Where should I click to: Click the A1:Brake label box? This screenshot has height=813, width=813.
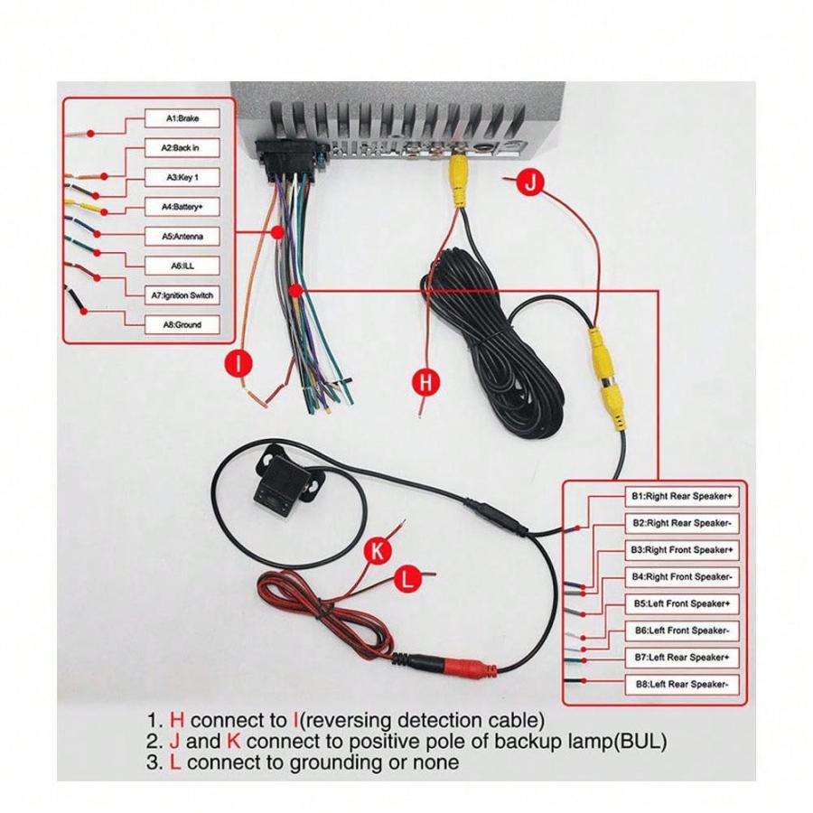(182, 118)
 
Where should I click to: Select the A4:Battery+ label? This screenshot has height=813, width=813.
(182, 207)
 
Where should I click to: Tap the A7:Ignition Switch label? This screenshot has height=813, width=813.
(182, 295)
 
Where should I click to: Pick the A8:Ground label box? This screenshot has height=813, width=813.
(182, 325)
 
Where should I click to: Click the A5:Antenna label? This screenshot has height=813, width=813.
(182, 237)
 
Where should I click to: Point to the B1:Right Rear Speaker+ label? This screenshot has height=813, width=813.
(682, 496)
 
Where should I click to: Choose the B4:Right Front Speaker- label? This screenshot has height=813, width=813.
(682, 576)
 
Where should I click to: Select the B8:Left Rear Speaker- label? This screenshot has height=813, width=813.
(682, 685)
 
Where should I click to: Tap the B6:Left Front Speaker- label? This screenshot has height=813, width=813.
(682, 631)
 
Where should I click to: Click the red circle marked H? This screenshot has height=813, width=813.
(425, 383)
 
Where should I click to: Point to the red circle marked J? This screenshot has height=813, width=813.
(530, 182)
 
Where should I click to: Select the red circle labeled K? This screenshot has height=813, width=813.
(378, 551)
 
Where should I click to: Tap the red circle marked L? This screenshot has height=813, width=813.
(408, 578)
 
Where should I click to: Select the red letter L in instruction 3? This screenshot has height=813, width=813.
(175, 762)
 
